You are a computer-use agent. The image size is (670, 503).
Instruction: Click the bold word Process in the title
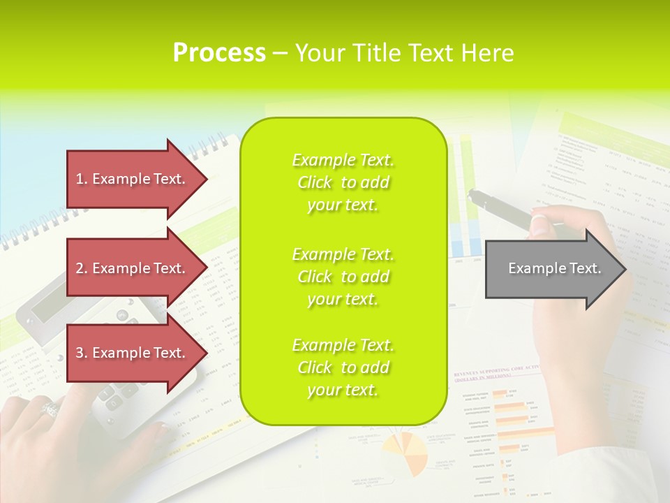pyautogui.click(x=219, y=53)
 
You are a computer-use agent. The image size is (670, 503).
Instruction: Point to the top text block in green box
pyautogui.click(x=343, y=182)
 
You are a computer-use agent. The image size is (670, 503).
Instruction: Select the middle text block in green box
pyautogui.click(x=343, y=277)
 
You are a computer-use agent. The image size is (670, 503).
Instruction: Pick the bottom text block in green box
pyautogui.click(x=343, y=367)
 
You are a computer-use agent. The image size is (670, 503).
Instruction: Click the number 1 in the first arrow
pyautogui.click(x=80, y=179)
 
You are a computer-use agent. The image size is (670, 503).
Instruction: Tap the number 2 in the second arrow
pyautogui.click(x=80, y=268)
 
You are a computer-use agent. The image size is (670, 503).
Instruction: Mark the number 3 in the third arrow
pyautogui.click(x=80, y=353)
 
